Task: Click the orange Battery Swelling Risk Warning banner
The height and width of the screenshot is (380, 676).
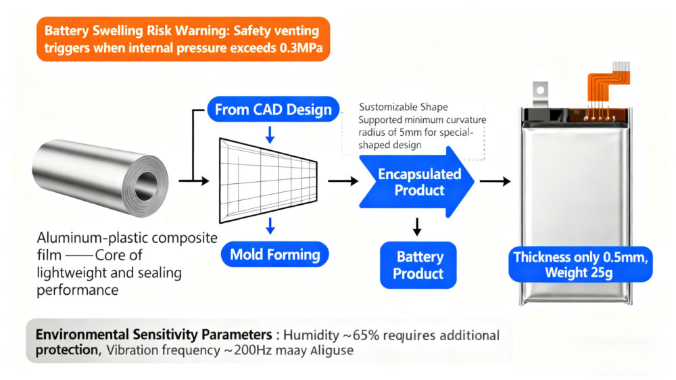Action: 183,39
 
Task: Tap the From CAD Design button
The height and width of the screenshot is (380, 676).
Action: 273,110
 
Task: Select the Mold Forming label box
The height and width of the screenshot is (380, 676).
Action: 274,255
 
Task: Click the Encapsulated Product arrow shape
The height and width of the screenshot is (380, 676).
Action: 419,182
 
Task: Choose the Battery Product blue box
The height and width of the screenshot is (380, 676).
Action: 418,265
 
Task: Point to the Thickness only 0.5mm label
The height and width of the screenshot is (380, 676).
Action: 581,257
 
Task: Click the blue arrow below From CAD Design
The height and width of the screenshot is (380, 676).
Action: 270,134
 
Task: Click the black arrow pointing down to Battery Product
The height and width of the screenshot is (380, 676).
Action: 417,227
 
